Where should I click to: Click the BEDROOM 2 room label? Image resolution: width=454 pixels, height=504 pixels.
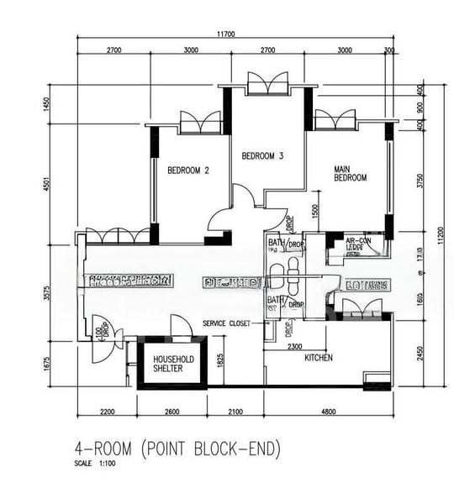(187, 170)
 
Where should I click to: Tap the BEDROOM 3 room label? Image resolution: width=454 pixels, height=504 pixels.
(262, 155)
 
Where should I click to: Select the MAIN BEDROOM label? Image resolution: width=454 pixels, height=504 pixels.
(350, 173)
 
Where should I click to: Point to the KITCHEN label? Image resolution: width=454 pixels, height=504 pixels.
(318, 358)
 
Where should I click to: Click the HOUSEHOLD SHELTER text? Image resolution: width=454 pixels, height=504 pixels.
(174, 363)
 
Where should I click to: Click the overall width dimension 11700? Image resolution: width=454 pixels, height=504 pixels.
(224, 34)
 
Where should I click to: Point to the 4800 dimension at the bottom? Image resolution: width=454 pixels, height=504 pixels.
(328, 411)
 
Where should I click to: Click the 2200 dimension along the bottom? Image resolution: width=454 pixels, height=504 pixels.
(106, 411)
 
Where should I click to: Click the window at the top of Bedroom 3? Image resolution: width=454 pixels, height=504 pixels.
(268, 83)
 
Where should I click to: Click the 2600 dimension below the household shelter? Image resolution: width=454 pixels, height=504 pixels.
(172, 411)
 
